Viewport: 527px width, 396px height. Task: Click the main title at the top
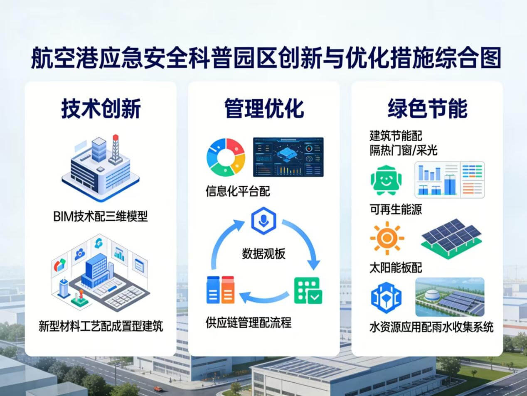(266, 58)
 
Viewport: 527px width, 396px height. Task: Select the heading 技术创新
(101, 108)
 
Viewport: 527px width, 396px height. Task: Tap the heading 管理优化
(264, 108)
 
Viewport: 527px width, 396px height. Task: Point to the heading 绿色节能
(427, 108)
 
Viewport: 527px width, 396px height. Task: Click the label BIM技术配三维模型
(101, 216)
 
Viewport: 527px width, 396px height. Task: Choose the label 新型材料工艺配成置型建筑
(101, 326)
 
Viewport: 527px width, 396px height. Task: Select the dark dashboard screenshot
(288, 157)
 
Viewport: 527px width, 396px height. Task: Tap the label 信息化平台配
(238, 191)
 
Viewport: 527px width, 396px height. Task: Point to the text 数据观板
(263, 253)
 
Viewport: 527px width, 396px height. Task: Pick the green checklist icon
(308, 290)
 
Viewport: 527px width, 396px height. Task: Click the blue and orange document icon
(221, 290)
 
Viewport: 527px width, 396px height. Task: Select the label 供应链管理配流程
(249, 323)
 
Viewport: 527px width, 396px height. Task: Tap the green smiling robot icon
(385, 180)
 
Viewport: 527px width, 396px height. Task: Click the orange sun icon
(387, 238)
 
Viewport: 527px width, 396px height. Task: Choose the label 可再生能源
(396, 209)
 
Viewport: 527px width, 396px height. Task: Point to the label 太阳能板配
(396, 268)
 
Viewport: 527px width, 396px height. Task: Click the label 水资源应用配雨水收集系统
(431, 327)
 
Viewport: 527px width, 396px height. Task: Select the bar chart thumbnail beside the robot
(450, 180)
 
